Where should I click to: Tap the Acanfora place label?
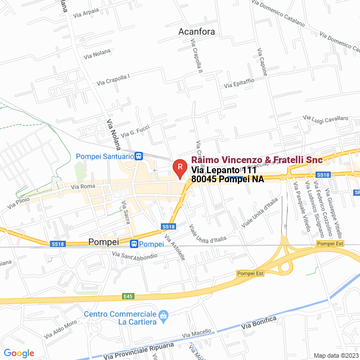[196, 31]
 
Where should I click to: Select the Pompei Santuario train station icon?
[139, 156]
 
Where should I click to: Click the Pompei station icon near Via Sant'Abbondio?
[134, 244]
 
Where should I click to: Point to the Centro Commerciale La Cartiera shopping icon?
[164, 314]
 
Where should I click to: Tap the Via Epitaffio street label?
[239, 83]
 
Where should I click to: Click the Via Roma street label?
[83, 186]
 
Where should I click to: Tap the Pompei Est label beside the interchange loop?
[250, 273]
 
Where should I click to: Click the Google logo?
[19, 353]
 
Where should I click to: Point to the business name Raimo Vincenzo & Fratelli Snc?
[257, 160]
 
